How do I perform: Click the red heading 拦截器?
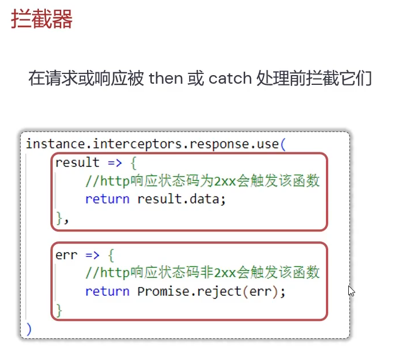42,19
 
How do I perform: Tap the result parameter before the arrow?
78,163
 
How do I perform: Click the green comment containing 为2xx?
202,182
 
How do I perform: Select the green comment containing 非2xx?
202,272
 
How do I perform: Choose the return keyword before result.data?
107,199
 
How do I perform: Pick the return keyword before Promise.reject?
107,291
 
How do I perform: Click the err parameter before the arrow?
66,255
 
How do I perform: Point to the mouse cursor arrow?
351,290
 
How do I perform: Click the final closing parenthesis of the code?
29,329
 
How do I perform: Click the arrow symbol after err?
92,255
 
